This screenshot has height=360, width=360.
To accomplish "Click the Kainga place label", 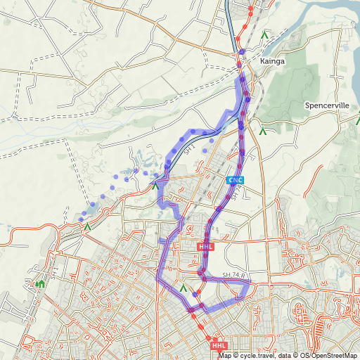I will pos(272,61).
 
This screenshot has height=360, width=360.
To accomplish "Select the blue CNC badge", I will pos(235,181).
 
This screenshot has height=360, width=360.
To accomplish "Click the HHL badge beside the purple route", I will pos(205,247).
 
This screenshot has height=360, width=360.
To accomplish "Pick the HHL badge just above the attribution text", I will pos(219,345).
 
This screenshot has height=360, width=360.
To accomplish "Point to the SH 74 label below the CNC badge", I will pos(236,191).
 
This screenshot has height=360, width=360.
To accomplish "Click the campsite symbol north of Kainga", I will pos(264,33).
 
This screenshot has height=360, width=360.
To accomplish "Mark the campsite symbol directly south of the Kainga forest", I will pos(262,130).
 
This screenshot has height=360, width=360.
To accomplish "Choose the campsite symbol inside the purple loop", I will pos(184,288).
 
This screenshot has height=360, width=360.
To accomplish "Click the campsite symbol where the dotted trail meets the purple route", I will pos(155,186).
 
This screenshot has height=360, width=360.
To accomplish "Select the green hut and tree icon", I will pos(40,284).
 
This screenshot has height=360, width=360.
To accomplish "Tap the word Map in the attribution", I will pos(225,355).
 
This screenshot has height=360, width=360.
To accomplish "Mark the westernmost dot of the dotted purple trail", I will pos(82,220).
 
